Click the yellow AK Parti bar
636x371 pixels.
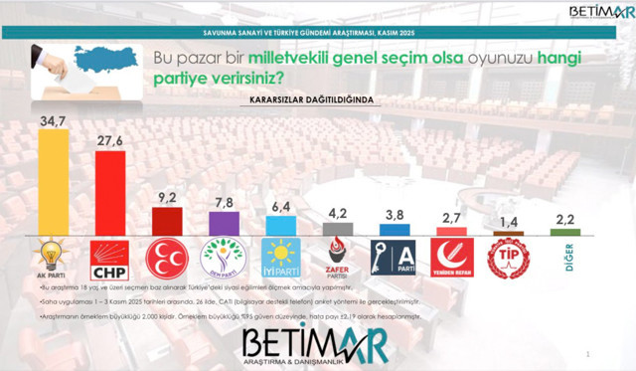52,183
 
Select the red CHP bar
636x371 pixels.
108,194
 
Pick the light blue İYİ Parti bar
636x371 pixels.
278,227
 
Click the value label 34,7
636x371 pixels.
52,120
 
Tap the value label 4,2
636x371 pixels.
336,212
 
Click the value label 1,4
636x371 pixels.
508,222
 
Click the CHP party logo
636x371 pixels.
108,259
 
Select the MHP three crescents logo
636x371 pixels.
166,259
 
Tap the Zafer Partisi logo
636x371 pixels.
336,259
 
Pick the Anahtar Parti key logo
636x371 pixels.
393,259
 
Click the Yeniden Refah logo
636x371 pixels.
450,259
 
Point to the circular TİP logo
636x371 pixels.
508,259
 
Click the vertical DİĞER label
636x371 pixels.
565,257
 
